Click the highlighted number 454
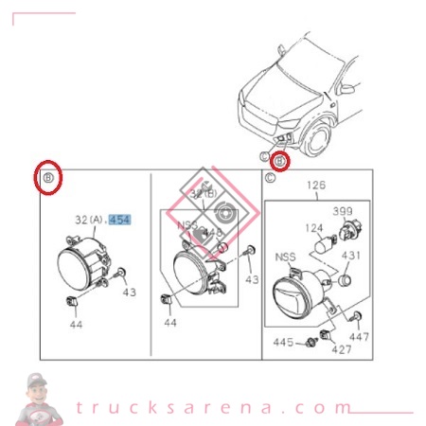(x=119, y=220)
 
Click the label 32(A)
(x=89, y=220)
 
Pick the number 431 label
(x=351, y=255)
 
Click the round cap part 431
(x=346, y=280)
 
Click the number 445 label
(x=284, y=341)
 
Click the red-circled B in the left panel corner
(x=49, y=178)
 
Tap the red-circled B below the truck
(x=280, y=161)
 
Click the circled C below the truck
(x=265, y=154)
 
